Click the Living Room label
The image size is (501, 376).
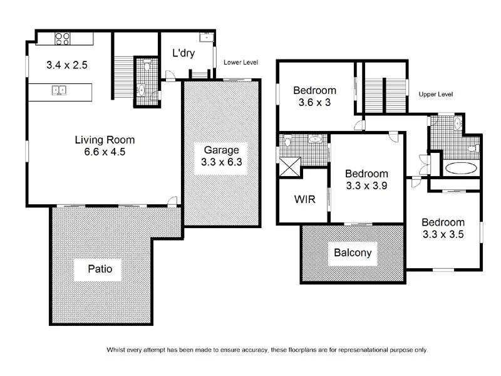click(105, 140)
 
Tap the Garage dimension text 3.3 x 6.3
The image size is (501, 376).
click(222, 162)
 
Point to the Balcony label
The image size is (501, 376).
click(352, 253)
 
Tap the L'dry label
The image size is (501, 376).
click(183, 53)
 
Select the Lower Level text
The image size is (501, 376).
click(240, 63)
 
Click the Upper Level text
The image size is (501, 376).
click(435, 94)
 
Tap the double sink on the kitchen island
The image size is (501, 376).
click(59, 90)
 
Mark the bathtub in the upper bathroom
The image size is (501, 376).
click(462, 168)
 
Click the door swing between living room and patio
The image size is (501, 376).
click(172, 201)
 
